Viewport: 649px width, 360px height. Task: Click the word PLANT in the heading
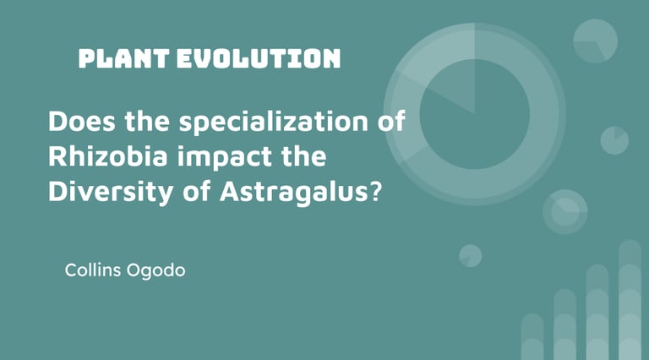(123, 58)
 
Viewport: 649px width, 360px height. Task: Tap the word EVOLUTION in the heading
(259, 58)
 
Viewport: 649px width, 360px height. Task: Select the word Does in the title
(82, 121)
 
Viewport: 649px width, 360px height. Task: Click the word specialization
(274, 123)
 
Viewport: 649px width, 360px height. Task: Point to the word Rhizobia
(108, 156)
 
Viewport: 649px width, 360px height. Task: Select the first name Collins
(93, 270)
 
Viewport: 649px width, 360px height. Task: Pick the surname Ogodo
(155, 271)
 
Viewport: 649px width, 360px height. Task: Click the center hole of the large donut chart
(475, 114)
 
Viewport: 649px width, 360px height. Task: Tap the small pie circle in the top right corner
(595, 41)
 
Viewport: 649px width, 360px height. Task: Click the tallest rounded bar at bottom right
(630, 300)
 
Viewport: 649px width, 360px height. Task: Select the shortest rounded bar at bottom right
(532, 337)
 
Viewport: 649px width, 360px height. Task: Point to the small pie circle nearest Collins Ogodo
(471, 256)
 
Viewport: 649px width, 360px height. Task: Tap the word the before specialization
(147, 121)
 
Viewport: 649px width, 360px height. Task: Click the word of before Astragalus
(198, 192)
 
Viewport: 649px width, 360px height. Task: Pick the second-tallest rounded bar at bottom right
(597, 313)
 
